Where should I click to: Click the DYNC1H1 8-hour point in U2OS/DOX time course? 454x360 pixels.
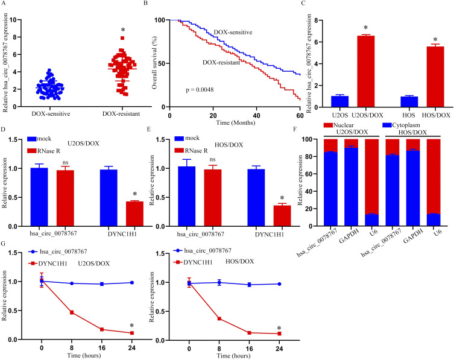point(71,295)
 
